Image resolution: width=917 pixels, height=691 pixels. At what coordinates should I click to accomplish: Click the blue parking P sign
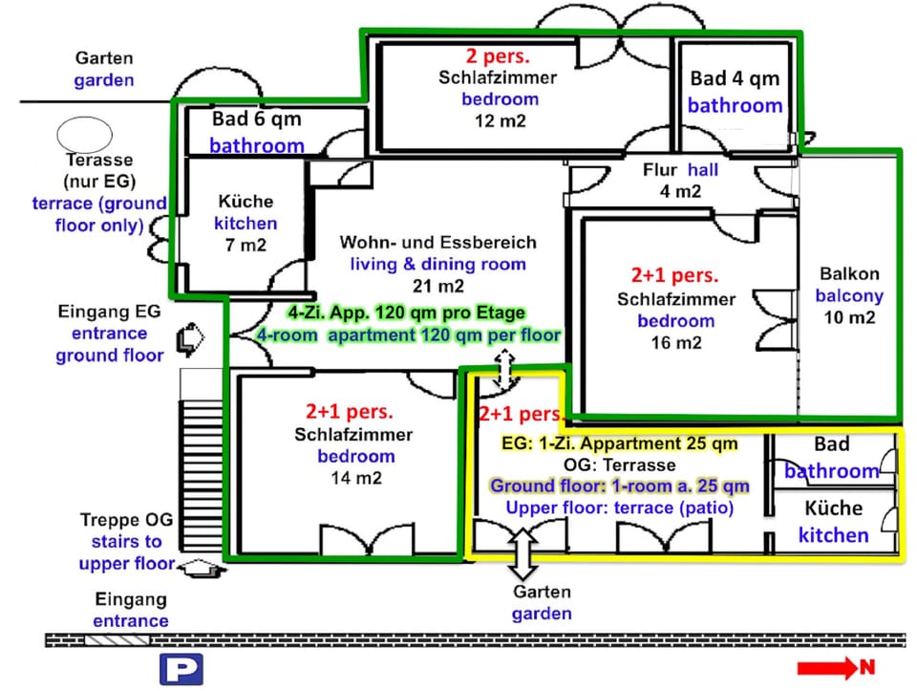181,669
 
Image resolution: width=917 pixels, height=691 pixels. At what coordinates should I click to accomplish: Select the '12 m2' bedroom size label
500,120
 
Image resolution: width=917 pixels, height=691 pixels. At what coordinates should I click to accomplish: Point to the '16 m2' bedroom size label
675,343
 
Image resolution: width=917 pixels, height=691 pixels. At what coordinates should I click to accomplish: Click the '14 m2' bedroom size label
355,478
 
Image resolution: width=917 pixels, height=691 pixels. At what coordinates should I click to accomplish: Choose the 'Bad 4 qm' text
735,78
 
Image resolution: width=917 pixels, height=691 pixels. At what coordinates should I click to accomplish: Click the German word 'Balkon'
849,273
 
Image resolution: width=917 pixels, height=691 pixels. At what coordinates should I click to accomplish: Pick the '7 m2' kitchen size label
246,246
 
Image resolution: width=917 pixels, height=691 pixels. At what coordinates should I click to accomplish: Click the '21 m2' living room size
438,286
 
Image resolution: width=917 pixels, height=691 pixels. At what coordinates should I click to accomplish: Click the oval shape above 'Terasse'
84,132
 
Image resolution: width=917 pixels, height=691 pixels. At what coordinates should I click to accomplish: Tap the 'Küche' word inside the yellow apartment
833,508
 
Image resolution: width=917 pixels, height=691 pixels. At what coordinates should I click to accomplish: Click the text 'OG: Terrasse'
619,465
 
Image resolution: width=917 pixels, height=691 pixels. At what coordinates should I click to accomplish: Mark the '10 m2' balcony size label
849,318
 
